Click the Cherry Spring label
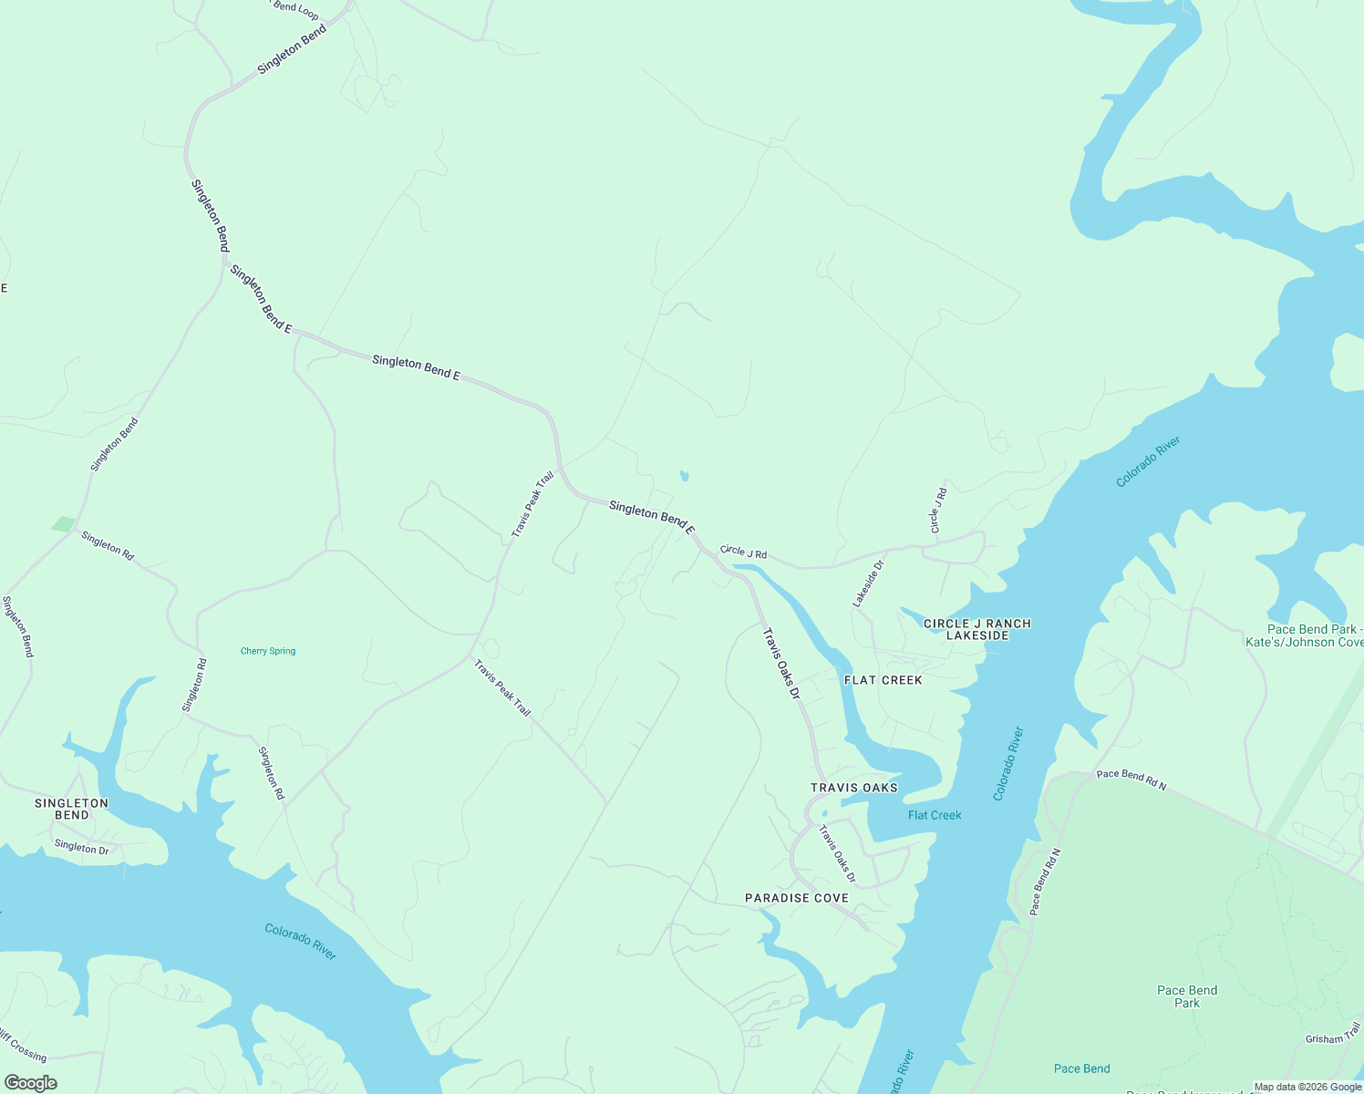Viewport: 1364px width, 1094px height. click(268, 651)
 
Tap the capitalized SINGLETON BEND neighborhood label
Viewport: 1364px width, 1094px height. click(71, 809)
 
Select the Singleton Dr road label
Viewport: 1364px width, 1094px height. click(81, 847)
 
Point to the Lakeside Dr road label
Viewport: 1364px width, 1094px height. click(868, 584)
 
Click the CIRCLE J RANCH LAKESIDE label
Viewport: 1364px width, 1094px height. click(977, 629)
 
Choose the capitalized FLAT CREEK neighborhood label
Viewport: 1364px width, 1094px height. click(883, 680)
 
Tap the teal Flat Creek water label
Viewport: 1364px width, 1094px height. click(935, 815)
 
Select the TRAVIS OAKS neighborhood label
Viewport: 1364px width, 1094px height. click(854, 788)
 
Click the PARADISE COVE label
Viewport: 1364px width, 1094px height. click(797, 898)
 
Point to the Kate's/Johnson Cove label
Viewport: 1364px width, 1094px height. click(1305, 642)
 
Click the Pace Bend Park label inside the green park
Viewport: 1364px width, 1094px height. click(1186, 996)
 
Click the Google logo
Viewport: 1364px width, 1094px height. click(30, 1083)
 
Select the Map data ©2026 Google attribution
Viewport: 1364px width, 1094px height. click(1307, 1087)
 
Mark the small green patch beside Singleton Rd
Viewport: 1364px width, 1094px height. click(63, 524)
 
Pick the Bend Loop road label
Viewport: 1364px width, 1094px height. click(296, 9)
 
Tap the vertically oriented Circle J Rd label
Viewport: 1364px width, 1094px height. click(938, 511)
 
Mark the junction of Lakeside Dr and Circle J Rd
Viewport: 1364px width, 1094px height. click(887, 551)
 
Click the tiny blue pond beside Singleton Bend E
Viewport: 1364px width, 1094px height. click(684, 476)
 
